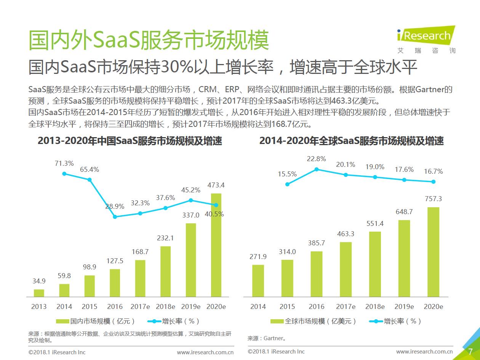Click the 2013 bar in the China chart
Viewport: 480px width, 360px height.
[39, 293]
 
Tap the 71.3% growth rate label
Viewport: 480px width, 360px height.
[64, 163]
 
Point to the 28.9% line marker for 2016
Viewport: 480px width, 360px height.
[115, 217]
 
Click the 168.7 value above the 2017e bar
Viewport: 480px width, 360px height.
[140, 252]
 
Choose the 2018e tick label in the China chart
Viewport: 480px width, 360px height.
[165, 307]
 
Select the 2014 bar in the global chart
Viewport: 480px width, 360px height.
[258, 281]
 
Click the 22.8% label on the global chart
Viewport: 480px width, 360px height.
[316, 159]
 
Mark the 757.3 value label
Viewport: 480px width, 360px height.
[433, 199]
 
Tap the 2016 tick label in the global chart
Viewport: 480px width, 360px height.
[317, 307]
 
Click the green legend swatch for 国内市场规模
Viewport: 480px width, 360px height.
[62, 321]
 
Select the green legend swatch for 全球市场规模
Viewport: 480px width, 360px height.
[277, 321]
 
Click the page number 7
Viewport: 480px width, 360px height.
[470, 351]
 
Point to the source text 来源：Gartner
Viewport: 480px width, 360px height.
[267, 338]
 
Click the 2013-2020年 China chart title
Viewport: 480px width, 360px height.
[130, 141]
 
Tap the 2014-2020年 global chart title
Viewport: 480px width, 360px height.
[351, 141]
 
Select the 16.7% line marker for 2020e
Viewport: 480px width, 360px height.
[433, 182]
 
